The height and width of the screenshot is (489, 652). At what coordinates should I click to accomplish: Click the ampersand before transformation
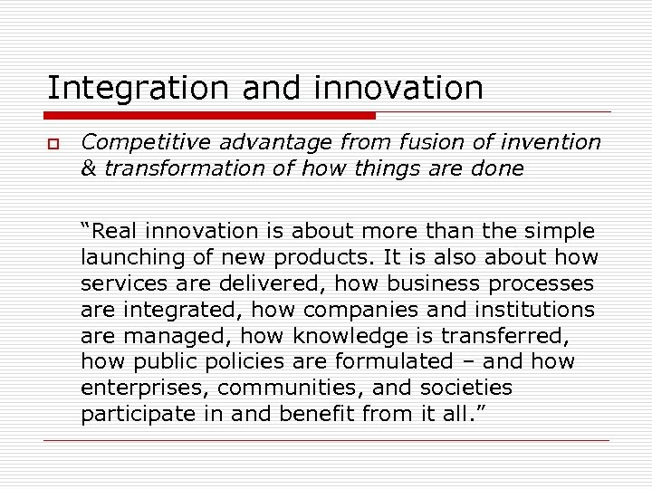(88, 169)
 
